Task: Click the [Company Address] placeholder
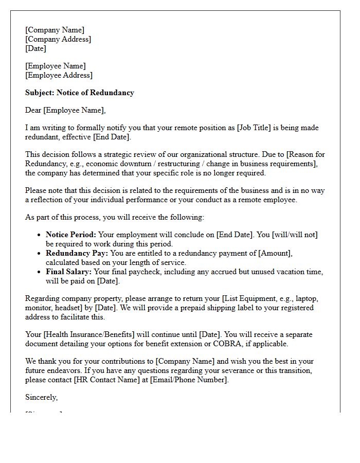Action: click(x=58, y=39)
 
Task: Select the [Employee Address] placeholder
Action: click(x=59, y=75)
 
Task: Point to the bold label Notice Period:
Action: click(x=71, y=235)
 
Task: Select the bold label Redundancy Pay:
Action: click(x=77, y=253)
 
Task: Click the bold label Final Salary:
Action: click(x=69, y=272)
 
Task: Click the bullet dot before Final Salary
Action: click(x=40, y=272)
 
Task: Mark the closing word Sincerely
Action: click(x=41, y=397)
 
